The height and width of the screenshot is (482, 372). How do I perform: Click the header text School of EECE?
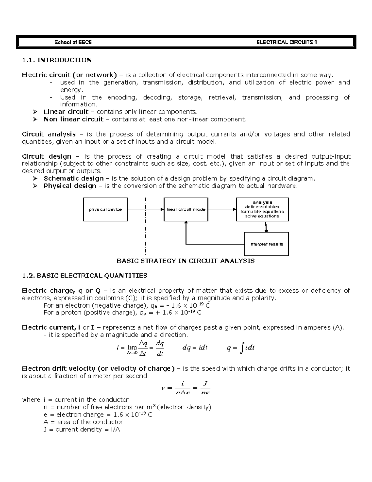73,43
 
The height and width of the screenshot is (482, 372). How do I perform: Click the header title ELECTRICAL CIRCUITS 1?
286,43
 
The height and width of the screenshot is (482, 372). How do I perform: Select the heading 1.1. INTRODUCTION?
57,60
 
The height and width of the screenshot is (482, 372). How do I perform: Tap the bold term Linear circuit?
66,112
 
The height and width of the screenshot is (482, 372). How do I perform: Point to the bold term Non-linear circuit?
73,119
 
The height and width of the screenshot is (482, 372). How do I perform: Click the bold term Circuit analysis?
49,134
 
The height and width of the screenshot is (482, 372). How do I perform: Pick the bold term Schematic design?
73,178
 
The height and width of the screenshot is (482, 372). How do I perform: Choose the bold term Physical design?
70,186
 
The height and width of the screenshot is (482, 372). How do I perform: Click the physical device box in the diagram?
105,209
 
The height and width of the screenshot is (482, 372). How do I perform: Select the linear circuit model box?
186,209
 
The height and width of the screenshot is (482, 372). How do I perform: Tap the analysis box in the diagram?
262,209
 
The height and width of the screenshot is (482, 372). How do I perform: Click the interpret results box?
266,244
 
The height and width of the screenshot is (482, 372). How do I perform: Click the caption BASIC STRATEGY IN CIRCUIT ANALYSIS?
185,261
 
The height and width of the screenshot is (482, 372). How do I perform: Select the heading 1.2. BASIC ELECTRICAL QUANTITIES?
85,276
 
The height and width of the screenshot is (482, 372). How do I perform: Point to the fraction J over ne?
205,388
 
